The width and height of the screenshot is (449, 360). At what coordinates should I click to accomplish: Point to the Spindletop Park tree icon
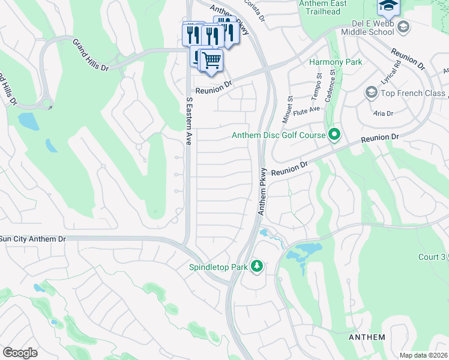[257, 266]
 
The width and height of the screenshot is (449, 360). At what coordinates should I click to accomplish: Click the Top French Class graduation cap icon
[371, 93]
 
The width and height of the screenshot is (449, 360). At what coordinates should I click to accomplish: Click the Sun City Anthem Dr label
[33, 238]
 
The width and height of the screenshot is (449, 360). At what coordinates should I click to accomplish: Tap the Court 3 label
[432, 257]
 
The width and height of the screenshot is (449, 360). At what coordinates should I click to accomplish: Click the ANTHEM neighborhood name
[367, 337]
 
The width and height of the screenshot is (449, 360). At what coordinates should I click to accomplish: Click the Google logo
[20, 352]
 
